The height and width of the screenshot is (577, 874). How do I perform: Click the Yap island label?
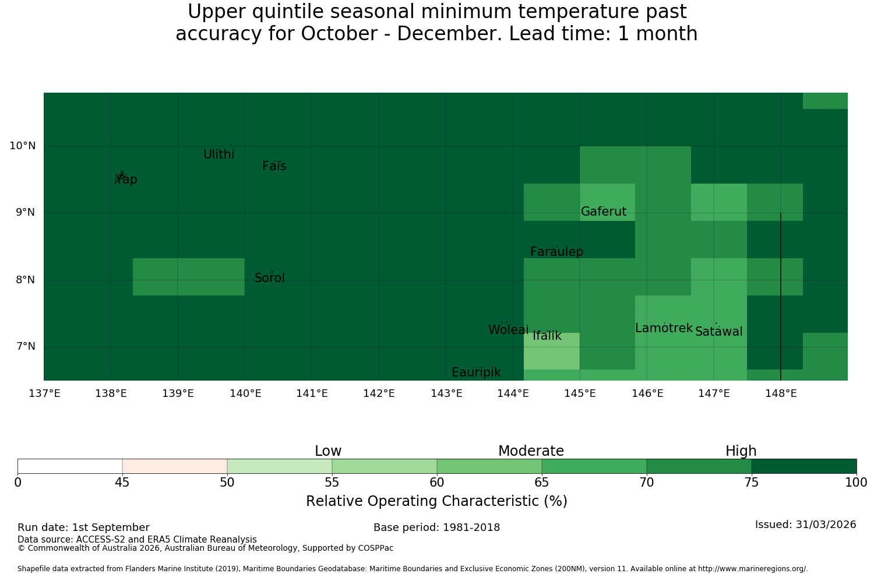(126, 179)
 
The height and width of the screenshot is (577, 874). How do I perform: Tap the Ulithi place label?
(219, 154)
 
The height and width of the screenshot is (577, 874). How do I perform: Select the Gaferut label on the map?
(604, 211)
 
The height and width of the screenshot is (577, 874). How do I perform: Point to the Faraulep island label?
(557, 251)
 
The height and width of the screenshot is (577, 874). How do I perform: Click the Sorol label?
(270, 277)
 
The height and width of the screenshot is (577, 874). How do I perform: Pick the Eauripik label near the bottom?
(476, 372)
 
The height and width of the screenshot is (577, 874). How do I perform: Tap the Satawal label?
(718, 332)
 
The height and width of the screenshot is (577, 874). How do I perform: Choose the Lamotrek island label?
(664, 328)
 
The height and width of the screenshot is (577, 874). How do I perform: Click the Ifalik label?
(547, 336)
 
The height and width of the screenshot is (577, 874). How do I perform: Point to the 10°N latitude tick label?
(23, 146)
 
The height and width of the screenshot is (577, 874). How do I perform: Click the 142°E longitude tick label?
(379, 393)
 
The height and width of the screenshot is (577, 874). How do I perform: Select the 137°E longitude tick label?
(44, 393)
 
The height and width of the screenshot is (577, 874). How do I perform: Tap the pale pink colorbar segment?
(175, 466)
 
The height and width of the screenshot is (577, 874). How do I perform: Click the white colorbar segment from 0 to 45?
(70, 466)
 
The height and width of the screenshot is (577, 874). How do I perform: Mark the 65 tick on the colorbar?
(541, 483)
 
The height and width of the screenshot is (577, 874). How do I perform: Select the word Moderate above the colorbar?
(531, 451)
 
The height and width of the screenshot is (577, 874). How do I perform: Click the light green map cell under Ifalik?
(552, 351)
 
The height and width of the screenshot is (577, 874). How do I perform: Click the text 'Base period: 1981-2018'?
(436, 527)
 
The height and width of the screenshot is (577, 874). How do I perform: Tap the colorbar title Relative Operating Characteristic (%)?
(436, 501)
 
